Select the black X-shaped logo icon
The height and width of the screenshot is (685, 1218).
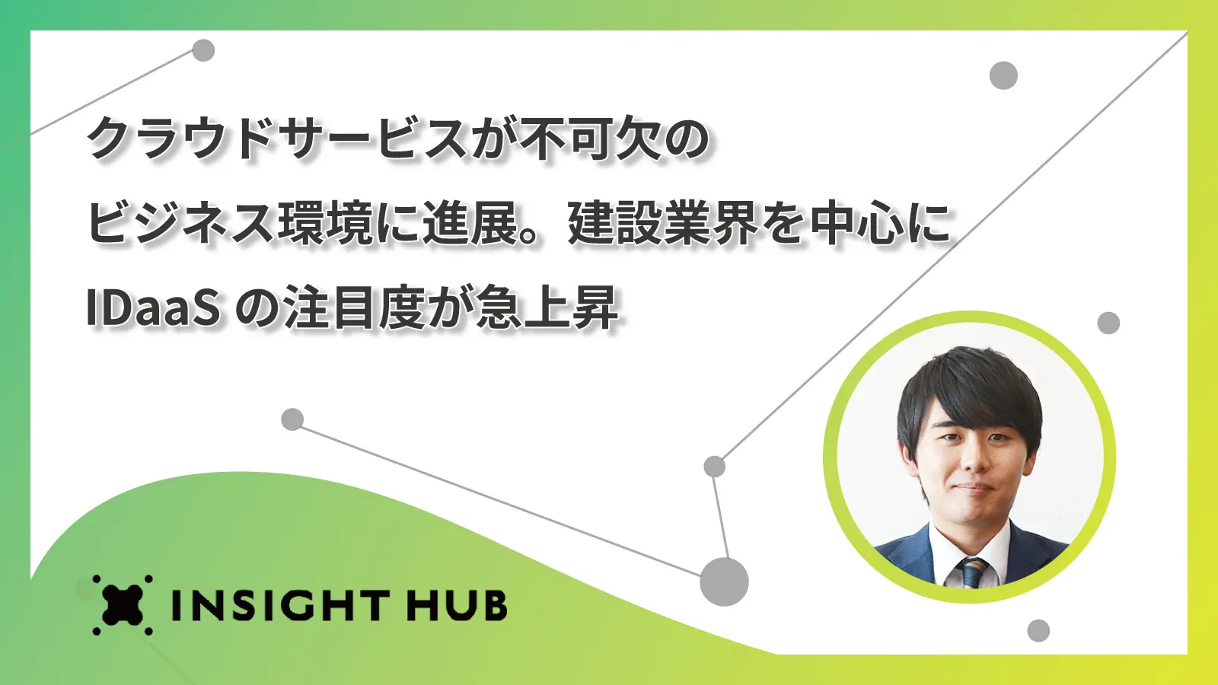123,605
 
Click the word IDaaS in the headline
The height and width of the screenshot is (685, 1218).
153,307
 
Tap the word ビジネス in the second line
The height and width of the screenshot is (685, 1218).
180,223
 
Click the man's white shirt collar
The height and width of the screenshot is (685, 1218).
969,546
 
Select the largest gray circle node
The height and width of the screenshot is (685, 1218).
724,581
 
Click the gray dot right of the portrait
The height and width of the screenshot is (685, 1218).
1108,323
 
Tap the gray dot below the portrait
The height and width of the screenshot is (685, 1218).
1038,631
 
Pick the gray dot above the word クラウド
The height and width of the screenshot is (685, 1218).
203,50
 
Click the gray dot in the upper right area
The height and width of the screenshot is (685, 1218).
1003,75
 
